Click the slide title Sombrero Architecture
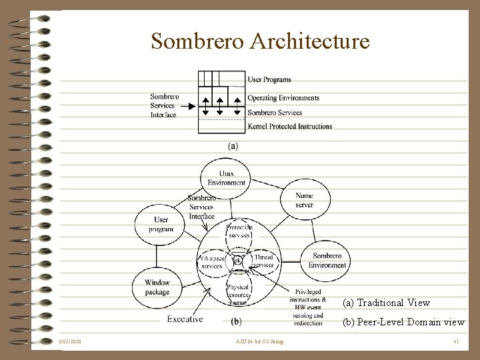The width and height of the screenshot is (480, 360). (x=260, y=41)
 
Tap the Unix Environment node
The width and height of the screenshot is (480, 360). (x=226, y=177)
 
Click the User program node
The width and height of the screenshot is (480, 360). (x=157, y=224)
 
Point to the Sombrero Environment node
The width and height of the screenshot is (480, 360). (x=327, y=261)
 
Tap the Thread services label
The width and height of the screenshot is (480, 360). (x=264, y=261)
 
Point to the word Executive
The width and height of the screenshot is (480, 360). (x=185, y=319)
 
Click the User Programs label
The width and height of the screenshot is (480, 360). (x=269, y=80)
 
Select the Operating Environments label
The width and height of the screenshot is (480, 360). (x=283, y=97)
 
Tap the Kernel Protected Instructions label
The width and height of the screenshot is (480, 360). (x=289, y=126)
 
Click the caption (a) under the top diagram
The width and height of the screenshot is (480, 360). (x=233, y=145)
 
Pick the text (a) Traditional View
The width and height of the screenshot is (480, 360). (x=386, y=303)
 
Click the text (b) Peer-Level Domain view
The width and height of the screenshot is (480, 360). (x=403, y=322)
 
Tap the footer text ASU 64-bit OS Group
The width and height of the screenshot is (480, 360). (x=259, y=342)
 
